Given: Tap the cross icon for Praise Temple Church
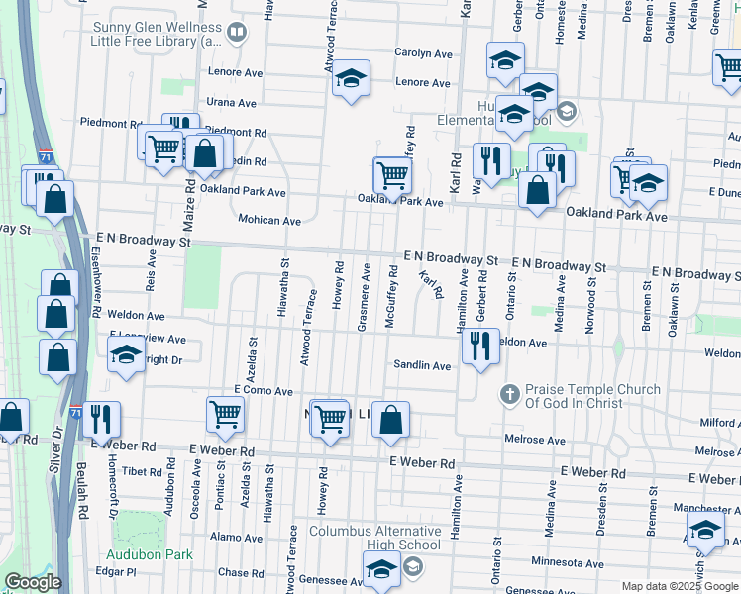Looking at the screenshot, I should (x=509, y=396).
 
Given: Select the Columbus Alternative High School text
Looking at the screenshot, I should (x=374, y=538).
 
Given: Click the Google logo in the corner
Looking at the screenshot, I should (x=32, y=582).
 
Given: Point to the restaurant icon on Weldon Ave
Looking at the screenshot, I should (x=480, y=346).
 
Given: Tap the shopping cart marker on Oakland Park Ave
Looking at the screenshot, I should (x=393, y=177).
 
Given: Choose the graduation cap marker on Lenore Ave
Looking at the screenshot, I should (x=350, y=78).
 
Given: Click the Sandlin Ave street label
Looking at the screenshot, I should (x=422, y=365).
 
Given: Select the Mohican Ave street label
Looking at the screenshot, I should (x=269, y=220).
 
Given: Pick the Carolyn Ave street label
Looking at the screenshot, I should (x=423, y=53).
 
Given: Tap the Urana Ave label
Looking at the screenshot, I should (x=233, y=102).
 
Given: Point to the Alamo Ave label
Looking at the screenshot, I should (x=235, y=536).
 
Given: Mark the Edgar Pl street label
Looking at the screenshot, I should (x=116, y=572).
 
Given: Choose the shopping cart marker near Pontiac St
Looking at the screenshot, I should (x=225, y=415).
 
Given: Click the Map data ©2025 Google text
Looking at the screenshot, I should (x=679, y=586).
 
